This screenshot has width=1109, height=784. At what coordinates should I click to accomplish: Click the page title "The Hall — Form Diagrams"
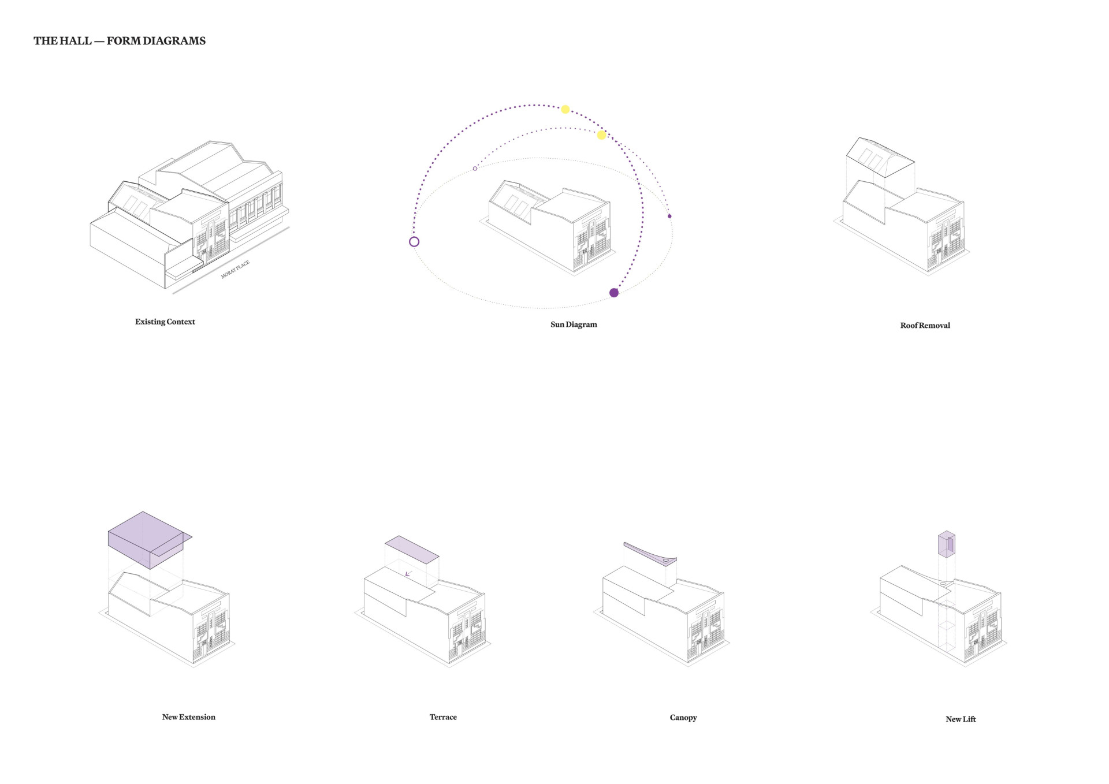click(x=120, y=41)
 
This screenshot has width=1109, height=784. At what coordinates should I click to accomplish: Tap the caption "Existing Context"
click(x=165, y=322)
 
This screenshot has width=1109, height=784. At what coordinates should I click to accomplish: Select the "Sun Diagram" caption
click(x=574, y=324)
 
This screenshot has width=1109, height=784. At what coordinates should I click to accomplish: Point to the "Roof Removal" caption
click(x=925, y=326)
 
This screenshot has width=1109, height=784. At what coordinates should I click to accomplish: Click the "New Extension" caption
click(x=188, y=717)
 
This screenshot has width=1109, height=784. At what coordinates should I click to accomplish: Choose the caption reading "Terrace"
click(x=443, y=717)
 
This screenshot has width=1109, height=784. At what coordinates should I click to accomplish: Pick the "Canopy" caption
click(x=683, y=718)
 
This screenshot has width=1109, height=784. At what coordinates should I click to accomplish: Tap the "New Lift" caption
click(x=961, y=719)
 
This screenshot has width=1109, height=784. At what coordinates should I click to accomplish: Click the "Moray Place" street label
click(x=235, y=270)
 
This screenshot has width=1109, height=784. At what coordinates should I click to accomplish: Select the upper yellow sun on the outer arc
click(x=565, y=109)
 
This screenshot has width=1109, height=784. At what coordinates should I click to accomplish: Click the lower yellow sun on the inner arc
click(x=601, y=135)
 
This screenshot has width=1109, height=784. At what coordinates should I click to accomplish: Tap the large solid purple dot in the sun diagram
click(x=614, y=293)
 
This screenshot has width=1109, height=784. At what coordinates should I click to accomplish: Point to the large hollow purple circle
click(x=414, y=242)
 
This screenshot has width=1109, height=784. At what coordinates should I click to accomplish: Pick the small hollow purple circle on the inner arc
click(x=475, y=169)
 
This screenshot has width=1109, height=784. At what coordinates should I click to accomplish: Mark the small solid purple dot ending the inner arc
click(x=669, y=216)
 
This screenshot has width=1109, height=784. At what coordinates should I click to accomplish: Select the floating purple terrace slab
click(x=412, y=549)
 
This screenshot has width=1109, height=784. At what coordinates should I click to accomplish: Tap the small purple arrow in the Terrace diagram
click(x=408, y=574)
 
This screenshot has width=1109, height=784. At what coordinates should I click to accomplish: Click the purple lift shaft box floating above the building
click(x=946, y=544)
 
